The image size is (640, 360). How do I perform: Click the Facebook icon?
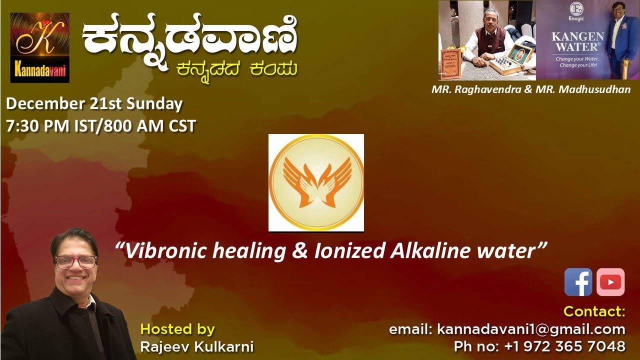(x=578, y=282)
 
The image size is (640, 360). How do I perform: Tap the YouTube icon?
(x=610, y=282)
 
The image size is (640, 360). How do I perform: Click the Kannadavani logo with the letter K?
(x=40, y=47)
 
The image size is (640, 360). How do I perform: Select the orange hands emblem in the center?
(x=316, y=182)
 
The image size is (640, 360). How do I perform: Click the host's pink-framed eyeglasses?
(x=76, y=261)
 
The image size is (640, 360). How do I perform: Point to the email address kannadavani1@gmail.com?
(x=507, y=329)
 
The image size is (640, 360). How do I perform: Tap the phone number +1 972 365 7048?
(x=539, y=346)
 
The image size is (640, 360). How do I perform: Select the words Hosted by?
(x=177, y=329)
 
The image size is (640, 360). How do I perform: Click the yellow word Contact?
(x=594, y=311)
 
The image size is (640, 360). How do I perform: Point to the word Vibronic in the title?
(x=163, y=250)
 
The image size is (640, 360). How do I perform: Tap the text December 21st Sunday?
(x=94, y=104)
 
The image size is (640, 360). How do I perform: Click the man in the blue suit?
(x=620, y=40)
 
